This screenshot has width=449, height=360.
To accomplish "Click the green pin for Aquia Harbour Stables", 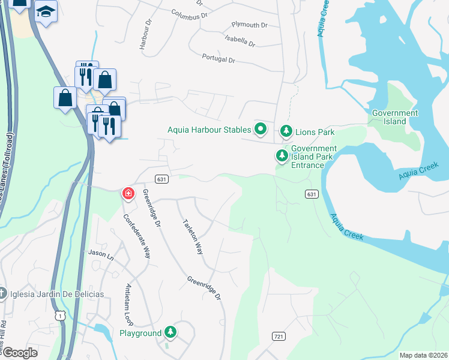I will tap(261, 129).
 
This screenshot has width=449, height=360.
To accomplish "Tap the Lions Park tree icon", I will tap(286, 131).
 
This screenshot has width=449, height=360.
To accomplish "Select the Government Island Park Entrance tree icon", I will tap(282, 156).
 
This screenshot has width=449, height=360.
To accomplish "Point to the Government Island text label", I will tap(395, 117).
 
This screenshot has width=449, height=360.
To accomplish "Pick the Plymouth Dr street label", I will tap(249, 25).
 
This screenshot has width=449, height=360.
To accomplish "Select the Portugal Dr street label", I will tap(219, 60).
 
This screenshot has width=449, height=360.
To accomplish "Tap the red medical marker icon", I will tap(128, 193).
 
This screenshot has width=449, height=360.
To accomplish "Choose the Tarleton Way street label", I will tap(192, 236).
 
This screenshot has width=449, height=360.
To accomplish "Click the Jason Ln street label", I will tap(101, 254).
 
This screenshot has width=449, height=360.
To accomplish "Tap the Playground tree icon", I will tap(171, 332).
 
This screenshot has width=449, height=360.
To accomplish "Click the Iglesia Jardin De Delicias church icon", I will tap(3, 293).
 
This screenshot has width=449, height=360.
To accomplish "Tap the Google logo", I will tap(19, 353).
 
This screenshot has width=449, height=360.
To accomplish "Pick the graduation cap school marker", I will tap(45, 11).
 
